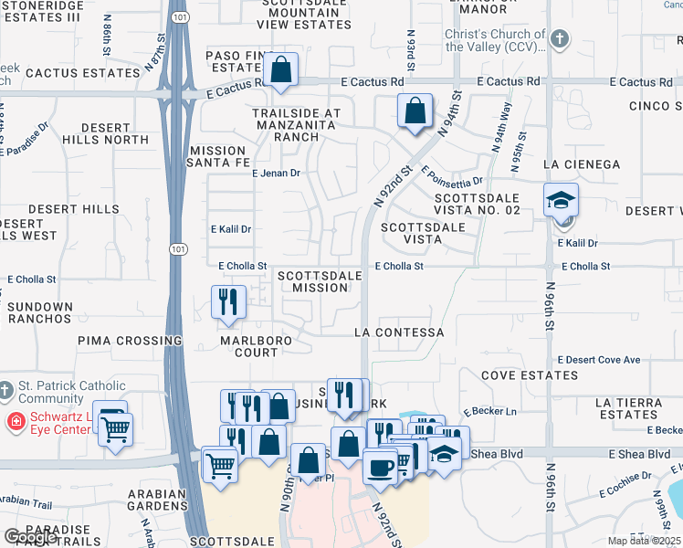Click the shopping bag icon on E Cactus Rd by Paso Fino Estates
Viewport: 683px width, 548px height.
[x=282, y=69]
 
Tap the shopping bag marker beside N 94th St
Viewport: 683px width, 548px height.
[x=415, y=111]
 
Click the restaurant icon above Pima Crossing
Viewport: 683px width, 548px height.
[x=228, y=302]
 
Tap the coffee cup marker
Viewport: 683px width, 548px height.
[x=380, y=467]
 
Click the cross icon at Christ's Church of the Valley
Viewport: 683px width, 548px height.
[x=560, y=39]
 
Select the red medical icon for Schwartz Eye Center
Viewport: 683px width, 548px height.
[x=16, y=421]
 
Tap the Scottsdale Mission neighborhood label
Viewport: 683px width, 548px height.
[x=313, y=281]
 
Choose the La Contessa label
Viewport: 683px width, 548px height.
[x=399, y=333]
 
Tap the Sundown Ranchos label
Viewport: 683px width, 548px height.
[x=39, y=312]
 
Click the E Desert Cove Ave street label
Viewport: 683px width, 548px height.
[x=598, y=360]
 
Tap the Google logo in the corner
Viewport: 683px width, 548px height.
[x=30, y=537]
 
